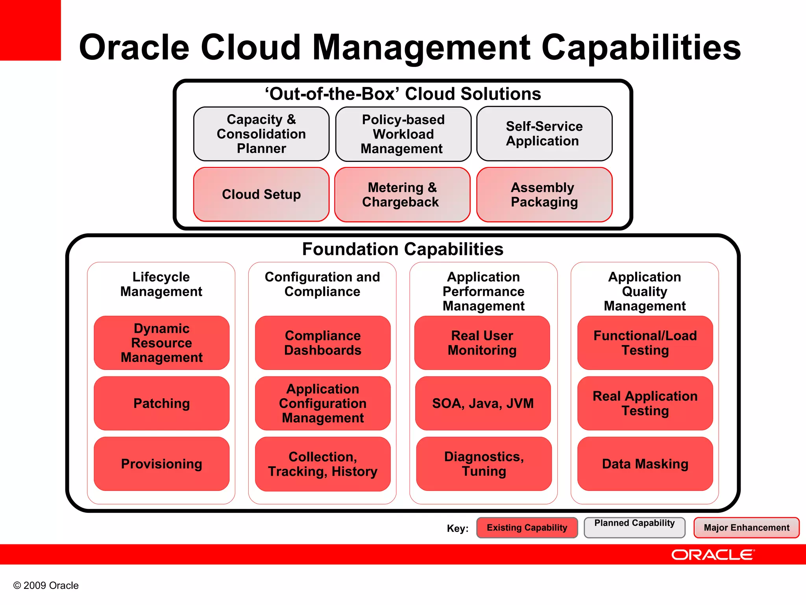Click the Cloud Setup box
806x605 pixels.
point(261,195)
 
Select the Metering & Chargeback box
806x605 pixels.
point(402,195)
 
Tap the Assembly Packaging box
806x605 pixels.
point(544,195)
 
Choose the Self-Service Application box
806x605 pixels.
point(544,134)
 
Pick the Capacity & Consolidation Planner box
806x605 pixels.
point(261,134)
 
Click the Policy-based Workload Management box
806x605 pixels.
point(403,134)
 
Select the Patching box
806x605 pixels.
point(161,403)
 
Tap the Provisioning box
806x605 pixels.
point(161,464)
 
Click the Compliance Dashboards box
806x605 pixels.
point(323,343)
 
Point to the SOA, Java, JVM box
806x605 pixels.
point(483,403)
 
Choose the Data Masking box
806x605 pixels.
point(645,464)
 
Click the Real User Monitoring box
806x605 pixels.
point(482,343)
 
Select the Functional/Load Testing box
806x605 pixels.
point(645,343)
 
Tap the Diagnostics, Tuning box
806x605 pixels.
point(484,464)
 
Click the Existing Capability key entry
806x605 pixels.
point(527,528)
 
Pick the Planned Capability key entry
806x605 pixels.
point(634,527)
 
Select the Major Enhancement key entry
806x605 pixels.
point(746,528)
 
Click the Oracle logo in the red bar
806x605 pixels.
point(713,555)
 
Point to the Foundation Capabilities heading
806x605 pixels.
point(403,249)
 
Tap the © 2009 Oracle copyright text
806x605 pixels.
point(46,586)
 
